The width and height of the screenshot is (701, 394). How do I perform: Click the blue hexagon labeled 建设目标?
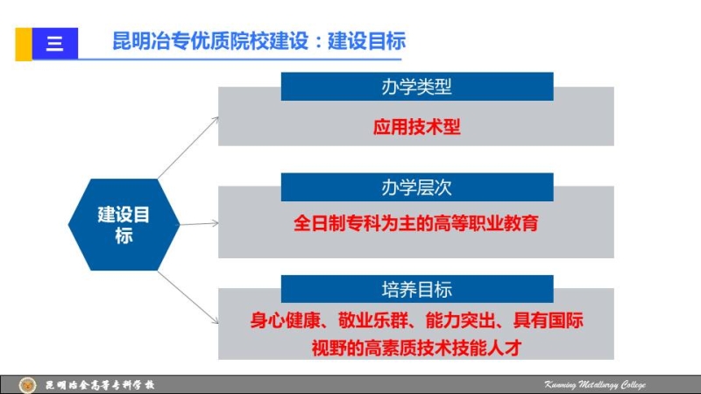(124, 225)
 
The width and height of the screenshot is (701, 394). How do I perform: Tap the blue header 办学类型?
(417, 86)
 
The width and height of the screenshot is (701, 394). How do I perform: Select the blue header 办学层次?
(417, 187)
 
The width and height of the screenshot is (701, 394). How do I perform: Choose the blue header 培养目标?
(417, 289)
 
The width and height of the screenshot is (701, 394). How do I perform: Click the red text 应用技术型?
(417, 127)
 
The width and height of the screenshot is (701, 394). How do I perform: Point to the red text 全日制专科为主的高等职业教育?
(415, 223)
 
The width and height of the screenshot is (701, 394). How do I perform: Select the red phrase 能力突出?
(461, 320)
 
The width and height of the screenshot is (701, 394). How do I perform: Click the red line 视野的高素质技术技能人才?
(417, 348)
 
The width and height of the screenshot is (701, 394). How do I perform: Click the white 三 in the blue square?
(54, 44)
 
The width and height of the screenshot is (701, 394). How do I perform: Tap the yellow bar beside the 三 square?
(24, 44)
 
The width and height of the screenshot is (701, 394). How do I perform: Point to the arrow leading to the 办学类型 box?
(188, 148)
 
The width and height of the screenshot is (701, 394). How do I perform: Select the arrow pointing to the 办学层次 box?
(200, 223)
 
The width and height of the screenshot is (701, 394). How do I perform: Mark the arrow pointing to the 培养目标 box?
(188, 298)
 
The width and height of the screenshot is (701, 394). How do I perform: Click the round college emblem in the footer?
(27, 384)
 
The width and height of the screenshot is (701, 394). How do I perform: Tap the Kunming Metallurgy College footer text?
(595, 384)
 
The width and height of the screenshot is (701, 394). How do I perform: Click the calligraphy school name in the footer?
(100, 384)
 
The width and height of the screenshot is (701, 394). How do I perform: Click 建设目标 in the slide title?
(366, 41)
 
